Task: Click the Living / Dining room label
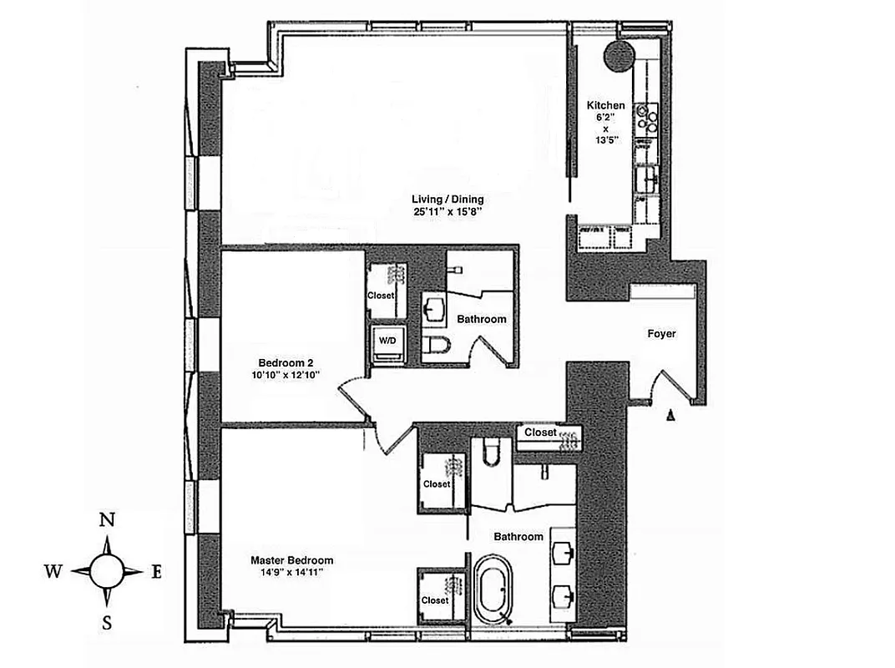(447, 200)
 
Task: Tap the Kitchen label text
(605, 105)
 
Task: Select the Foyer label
(661, 334)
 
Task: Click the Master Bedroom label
(292, 560)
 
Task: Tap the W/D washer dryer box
(388, 342)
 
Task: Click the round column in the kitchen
(620, 56)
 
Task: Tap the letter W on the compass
(53, 571)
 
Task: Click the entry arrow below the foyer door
(670, 414)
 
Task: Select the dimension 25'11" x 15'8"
(447, 213)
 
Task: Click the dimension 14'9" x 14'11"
(292, 573)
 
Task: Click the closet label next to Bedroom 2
(380, 296)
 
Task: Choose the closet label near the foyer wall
(540, 433)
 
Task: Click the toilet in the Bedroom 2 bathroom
(437, 347)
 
